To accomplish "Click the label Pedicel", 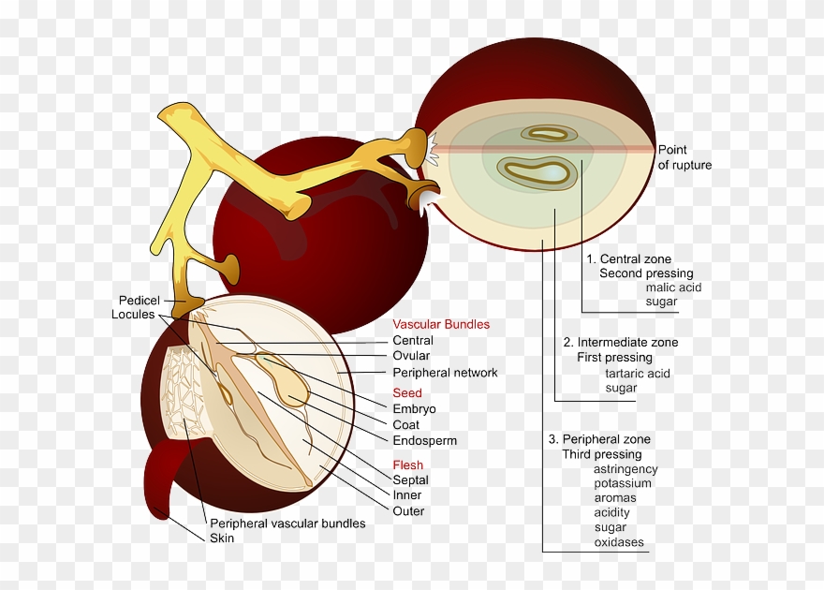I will click(139, 300).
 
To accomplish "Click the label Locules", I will click(133, 315).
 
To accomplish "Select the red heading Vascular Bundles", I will click(440, 324).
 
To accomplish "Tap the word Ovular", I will click(411, 356).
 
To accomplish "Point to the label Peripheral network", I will click(445, 372).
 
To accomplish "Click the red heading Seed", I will click(406, 393).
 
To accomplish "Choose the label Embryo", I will click(414, 409).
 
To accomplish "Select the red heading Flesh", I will click(407, 465).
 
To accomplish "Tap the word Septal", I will click(410, 480).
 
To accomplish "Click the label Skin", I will click(222, 538).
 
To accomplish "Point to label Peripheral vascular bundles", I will click(287, 524).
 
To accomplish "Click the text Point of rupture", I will click(684, 157).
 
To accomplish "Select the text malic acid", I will click(673, 288).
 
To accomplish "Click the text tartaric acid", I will click(637, 374).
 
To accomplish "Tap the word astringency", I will click(625, 469).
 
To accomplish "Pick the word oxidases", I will click(618, 542).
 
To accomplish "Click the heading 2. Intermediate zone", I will click(620, 342).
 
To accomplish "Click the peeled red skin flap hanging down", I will click(161, 478).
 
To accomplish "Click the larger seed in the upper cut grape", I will click(536, 171).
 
